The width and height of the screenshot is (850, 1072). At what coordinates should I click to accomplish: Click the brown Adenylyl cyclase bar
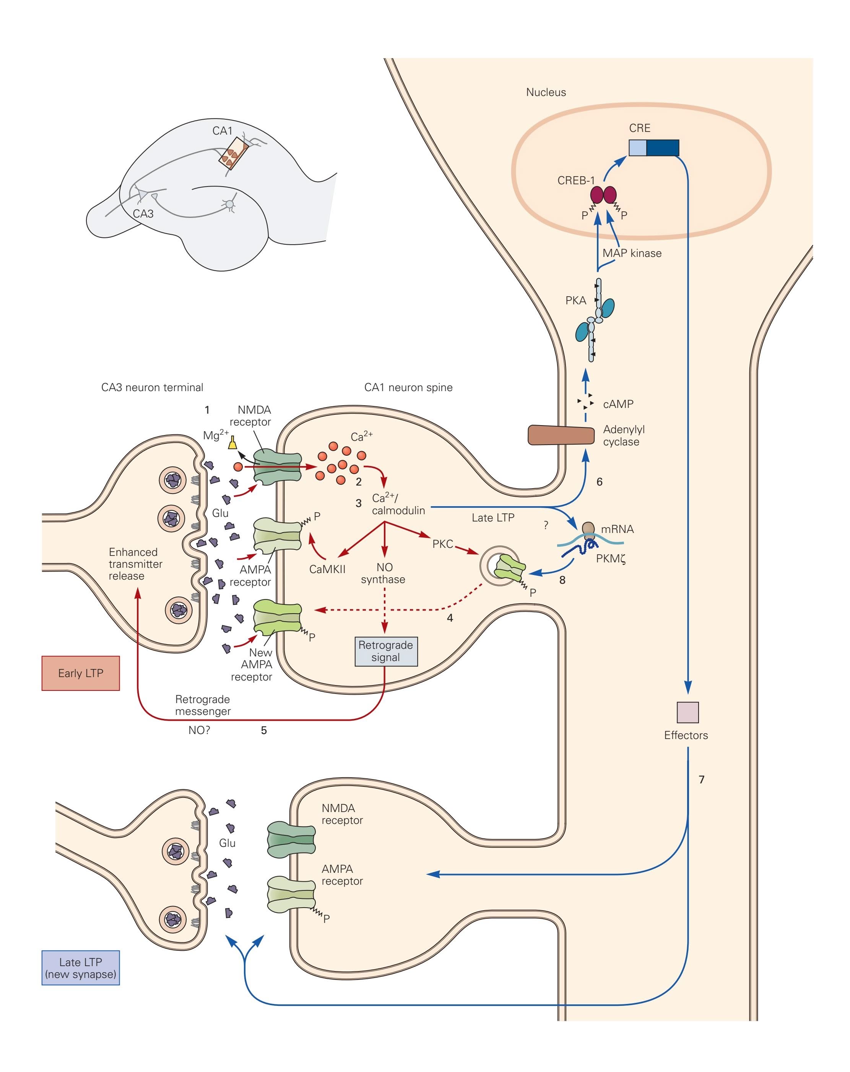coord(561,435)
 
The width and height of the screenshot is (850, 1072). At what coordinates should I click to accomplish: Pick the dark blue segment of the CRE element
coord(663,148)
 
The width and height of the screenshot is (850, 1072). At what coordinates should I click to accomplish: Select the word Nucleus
coord(546,92)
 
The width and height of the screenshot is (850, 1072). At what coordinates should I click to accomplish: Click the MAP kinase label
coord(632,253)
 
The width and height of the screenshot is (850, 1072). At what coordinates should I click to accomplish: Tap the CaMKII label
coord(327,569)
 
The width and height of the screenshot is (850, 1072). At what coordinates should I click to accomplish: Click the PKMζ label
coord(610,559)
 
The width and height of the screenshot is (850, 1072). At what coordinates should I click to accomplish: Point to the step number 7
coord(701,779)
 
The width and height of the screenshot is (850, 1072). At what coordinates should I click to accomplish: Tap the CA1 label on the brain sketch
coord(222,131)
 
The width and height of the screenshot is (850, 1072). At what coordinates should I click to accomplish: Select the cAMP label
coord(618,404)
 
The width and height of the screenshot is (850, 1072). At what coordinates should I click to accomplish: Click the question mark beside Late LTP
coord(546,525)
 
